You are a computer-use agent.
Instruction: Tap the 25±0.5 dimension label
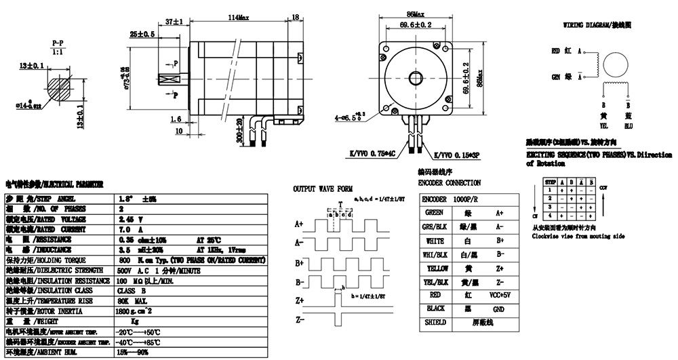[142, 33]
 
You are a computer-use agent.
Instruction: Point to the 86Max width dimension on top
[416, 14]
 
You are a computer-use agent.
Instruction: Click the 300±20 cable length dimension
[239, 128]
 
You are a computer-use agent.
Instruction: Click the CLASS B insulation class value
[132, 290]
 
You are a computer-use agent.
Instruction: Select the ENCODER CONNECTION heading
[450, 183]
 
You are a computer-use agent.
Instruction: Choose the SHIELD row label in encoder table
[435, 323]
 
